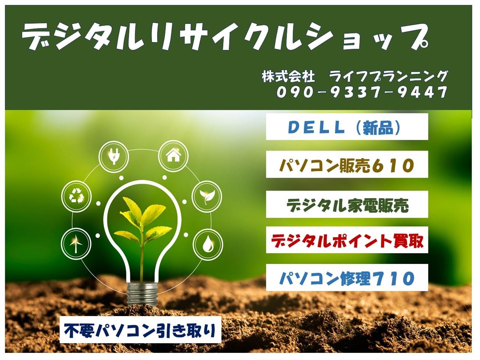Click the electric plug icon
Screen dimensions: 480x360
(114, 156)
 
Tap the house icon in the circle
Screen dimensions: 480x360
(173, 155)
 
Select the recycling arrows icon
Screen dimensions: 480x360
(76, 196)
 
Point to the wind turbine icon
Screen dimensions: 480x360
(76, 243)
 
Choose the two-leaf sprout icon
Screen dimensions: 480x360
(207, 196)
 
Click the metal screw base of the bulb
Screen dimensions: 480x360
(142, 294)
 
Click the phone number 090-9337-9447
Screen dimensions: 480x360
(362, 92)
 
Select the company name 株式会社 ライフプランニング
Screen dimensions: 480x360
(355, 76)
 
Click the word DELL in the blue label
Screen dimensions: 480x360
(316, 127)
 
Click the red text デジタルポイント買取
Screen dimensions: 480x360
(347, 241)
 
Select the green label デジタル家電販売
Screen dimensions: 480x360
(347, 205)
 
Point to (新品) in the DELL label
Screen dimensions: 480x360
(378, 127)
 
